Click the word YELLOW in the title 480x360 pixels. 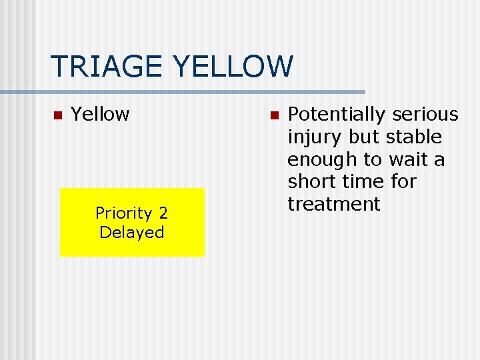tap(232, 66)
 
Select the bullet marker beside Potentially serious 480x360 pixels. tap(273, 115)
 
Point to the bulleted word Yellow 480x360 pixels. tap(100, 115)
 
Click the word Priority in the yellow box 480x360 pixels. tap(124, 213)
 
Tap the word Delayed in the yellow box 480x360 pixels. tap(131, 233)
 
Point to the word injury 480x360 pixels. tap(311, 137)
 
